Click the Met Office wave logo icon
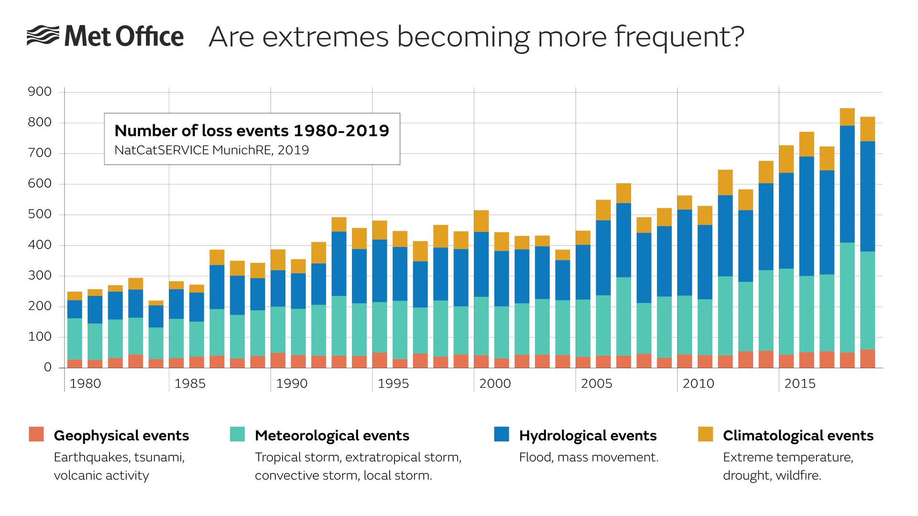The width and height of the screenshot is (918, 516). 43,36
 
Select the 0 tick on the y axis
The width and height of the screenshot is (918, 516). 47,367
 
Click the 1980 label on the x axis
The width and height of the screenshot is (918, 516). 85,384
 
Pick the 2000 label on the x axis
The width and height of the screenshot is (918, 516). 495,384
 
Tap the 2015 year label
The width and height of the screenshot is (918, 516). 800,384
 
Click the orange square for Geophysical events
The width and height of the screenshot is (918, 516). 36,434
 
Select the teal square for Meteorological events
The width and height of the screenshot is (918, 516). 237,434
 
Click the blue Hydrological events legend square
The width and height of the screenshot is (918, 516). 502,434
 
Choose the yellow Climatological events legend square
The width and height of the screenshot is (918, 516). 705,434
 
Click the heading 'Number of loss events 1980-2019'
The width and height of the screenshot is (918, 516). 252,130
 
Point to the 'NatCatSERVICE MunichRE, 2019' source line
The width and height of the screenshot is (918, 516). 212,150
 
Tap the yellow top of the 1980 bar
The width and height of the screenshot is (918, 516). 75,296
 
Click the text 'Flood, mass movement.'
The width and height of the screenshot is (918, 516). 589,457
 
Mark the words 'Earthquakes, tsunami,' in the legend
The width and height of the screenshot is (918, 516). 119,457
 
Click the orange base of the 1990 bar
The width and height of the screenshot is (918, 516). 278,360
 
